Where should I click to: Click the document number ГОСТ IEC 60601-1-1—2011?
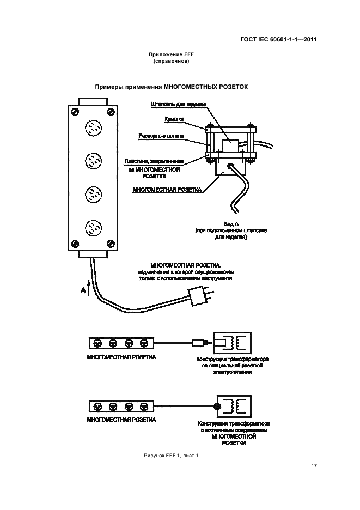click(278, 39)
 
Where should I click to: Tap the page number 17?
click(314, 465)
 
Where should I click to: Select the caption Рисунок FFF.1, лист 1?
click(171, 455)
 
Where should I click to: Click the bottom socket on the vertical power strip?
click(93, 226)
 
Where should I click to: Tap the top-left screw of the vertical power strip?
click(75, 112)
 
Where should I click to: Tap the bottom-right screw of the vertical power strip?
click(111, 242)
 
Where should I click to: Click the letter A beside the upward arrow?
click(83, 291)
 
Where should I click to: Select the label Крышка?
click(174, 118)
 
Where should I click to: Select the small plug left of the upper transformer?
click(198, 343)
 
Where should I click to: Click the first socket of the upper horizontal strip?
click(98, 343)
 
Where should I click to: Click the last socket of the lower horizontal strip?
click(144, 406)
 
